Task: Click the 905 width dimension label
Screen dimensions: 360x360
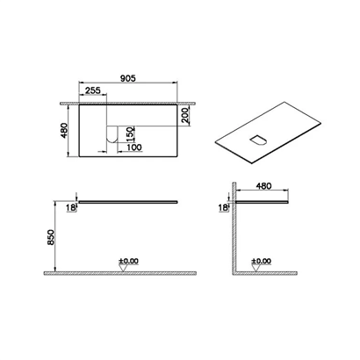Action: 128,78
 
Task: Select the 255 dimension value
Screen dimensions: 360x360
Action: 92,90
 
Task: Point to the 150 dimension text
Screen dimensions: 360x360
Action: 131,134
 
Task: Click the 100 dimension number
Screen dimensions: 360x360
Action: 134,148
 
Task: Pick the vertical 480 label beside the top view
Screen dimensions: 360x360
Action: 64,131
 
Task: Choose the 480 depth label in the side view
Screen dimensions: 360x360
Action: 263,186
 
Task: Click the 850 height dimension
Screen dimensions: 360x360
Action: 50,237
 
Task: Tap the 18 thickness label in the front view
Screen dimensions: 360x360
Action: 71,208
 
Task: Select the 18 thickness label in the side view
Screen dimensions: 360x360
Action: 223,208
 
